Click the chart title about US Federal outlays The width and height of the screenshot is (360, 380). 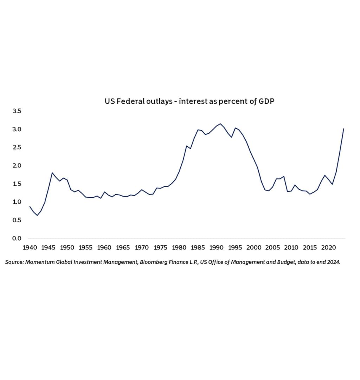coord(189,101)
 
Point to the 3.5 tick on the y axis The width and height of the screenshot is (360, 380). coord(17,111)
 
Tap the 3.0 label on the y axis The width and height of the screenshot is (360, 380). coord(17,129)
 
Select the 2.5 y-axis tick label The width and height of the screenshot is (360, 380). coord(17,147)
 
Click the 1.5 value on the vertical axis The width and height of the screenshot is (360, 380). coord(17,184)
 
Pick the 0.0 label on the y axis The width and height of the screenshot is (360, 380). coord(17,239)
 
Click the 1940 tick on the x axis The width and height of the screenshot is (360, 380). coord(30,248)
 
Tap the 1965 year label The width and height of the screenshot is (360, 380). coord(123,248)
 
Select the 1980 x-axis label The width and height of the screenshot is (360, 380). coord(179,248)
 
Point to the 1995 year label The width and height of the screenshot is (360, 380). coord(235,248)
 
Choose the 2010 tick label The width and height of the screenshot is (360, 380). coord(291,248)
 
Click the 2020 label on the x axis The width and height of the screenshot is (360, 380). coord(328,248)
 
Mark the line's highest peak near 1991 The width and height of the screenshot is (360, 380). coord(220,123)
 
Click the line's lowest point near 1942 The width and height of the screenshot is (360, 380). coord(37,215)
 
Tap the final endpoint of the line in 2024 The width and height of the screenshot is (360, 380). coord(343,129)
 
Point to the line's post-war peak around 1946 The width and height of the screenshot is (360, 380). coord(52,173)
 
